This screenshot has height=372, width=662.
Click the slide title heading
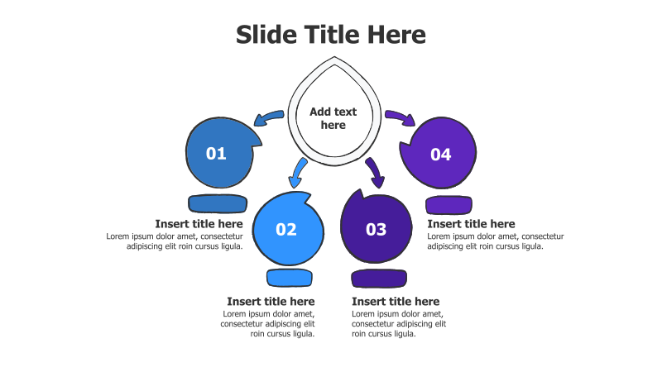pos(330,35)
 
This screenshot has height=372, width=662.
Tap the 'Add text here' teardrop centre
pos(333,118)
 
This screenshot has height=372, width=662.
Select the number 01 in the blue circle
pos(216,154)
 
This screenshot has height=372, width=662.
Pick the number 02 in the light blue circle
pos(286,230)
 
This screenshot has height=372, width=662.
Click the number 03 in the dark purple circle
pos(377,230)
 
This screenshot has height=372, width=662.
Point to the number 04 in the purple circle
pos(441,155)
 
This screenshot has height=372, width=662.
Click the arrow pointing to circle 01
pos(267,117)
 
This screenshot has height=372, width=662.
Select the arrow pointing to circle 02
pos(297,174)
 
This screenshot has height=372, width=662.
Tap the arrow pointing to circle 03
pos(376,173)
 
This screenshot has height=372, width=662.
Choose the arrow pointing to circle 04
pos(401,117)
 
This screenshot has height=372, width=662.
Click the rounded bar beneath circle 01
pos(218,203)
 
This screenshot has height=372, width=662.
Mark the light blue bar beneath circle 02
pos(290,278)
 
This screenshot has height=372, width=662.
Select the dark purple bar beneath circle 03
pos(379,279)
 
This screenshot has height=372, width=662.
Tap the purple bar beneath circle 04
pos(449,205)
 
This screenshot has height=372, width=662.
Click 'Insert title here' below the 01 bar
pos(199,224)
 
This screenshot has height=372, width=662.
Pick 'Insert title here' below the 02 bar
pos(271,302)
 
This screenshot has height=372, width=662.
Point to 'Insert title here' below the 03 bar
pos(396,302)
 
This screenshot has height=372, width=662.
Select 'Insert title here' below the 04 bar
pos(471,224)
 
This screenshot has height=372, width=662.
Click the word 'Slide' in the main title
pos(266,35)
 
